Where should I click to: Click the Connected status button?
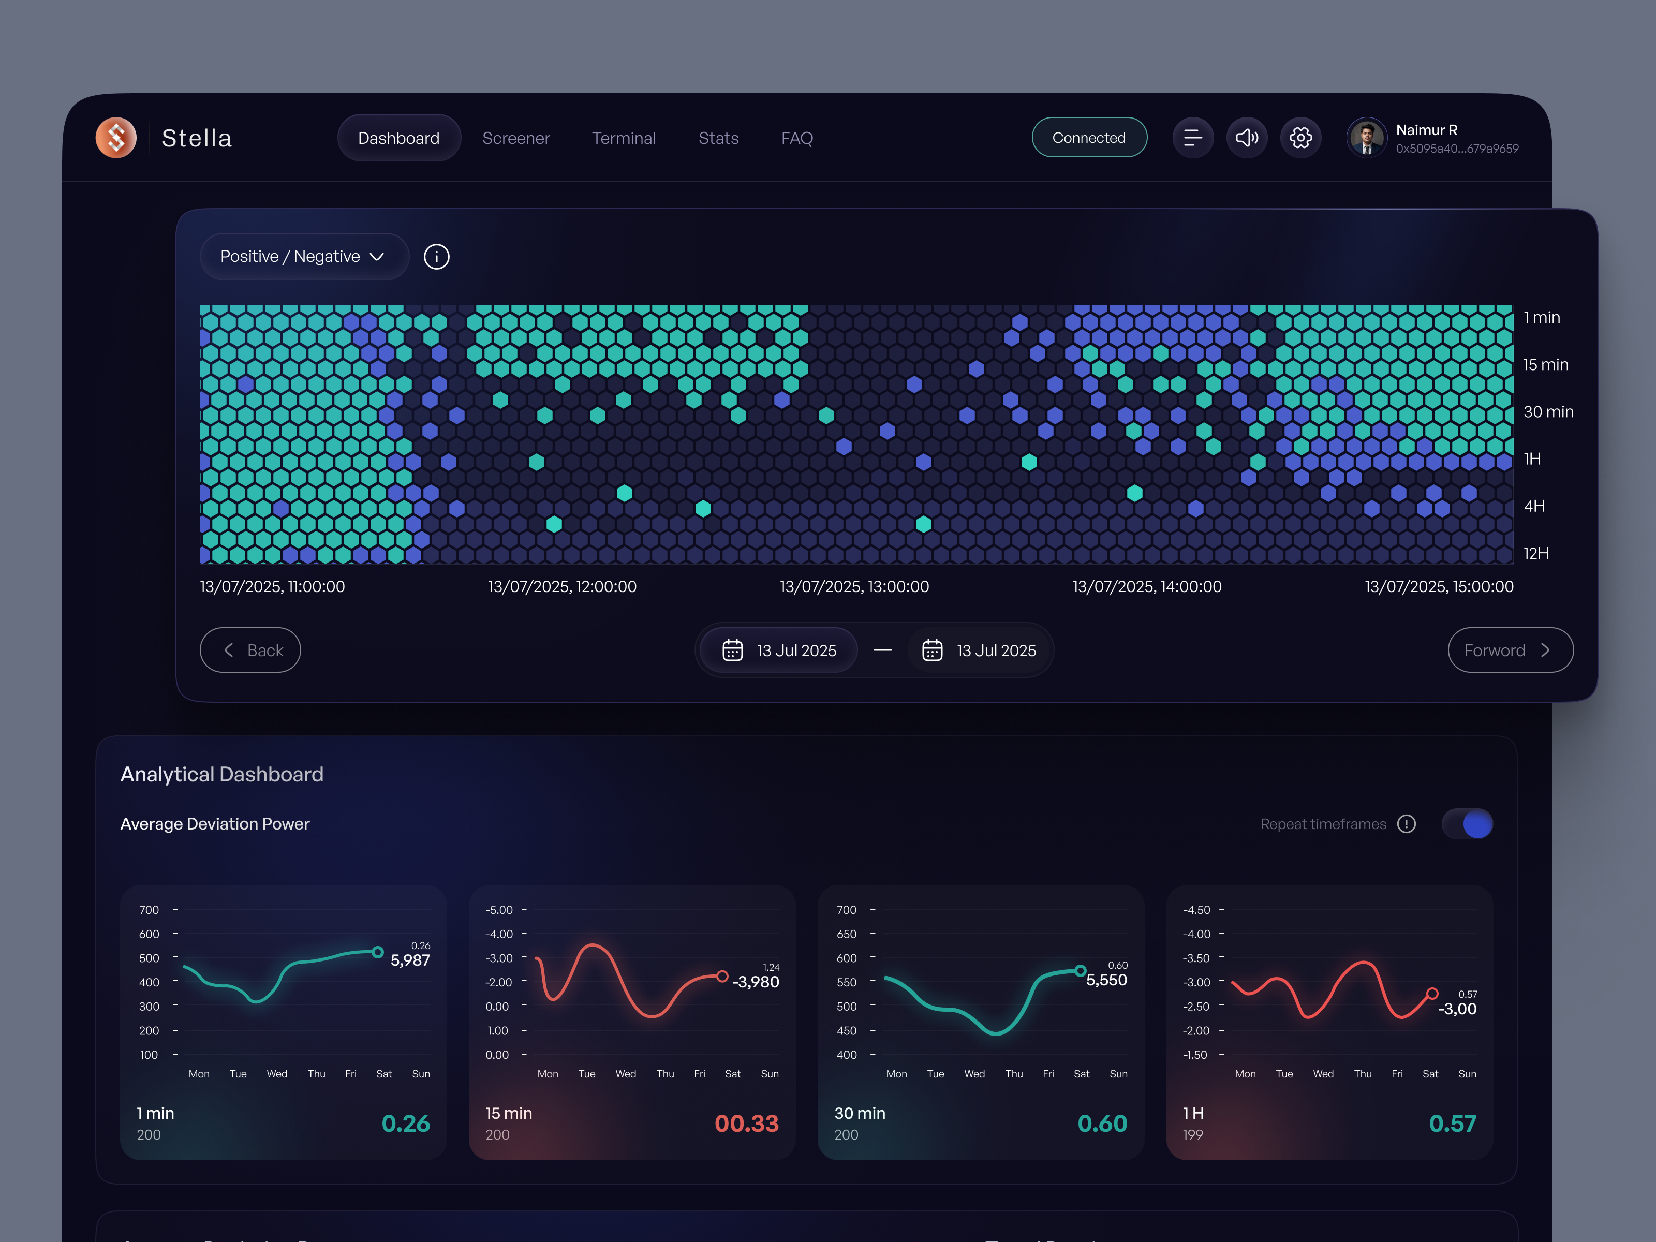point(1088,138)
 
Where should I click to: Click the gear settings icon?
point(1300,138)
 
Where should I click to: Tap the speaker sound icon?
point(1247,138)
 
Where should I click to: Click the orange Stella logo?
point(116,138)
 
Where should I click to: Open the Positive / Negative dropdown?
point(303,256)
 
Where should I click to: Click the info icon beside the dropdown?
point(436,256)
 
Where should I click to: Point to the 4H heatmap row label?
point(1534,506)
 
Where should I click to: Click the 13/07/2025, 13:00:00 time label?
point(854,586)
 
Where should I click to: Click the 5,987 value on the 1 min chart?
point(410,960)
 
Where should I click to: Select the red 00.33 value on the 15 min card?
point(746,1123)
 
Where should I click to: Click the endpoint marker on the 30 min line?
point(1081,970)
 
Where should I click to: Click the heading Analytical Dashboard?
point(221,774)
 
